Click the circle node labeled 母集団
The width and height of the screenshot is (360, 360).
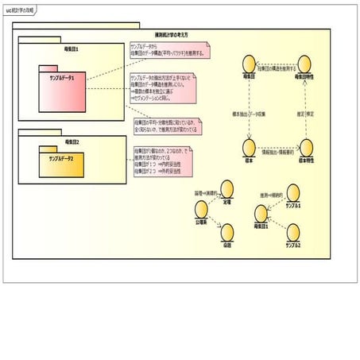click(250, 64)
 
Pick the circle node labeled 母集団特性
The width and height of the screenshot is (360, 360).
click(305, 64)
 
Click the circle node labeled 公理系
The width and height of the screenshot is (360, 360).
click(200, 210)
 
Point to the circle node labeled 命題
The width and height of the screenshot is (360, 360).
click(227, 231)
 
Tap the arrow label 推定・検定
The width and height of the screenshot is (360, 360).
click(312, 103)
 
